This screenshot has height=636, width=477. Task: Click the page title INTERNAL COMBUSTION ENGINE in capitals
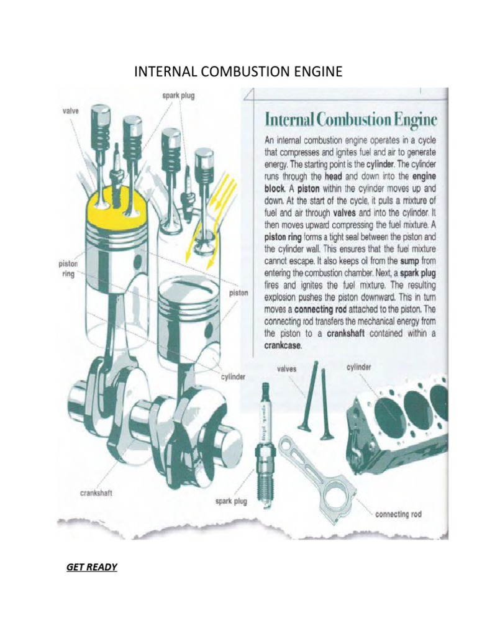[238, 72]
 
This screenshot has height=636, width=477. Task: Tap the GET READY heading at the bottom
[92, 567]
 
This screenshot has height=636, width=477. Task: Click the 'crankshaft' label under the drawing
[96, 493]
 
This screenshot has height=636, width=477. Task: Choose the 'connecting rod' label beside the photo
[398, 514]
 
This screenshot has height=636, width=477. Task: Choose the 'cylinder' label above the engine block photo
[358, 367]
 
